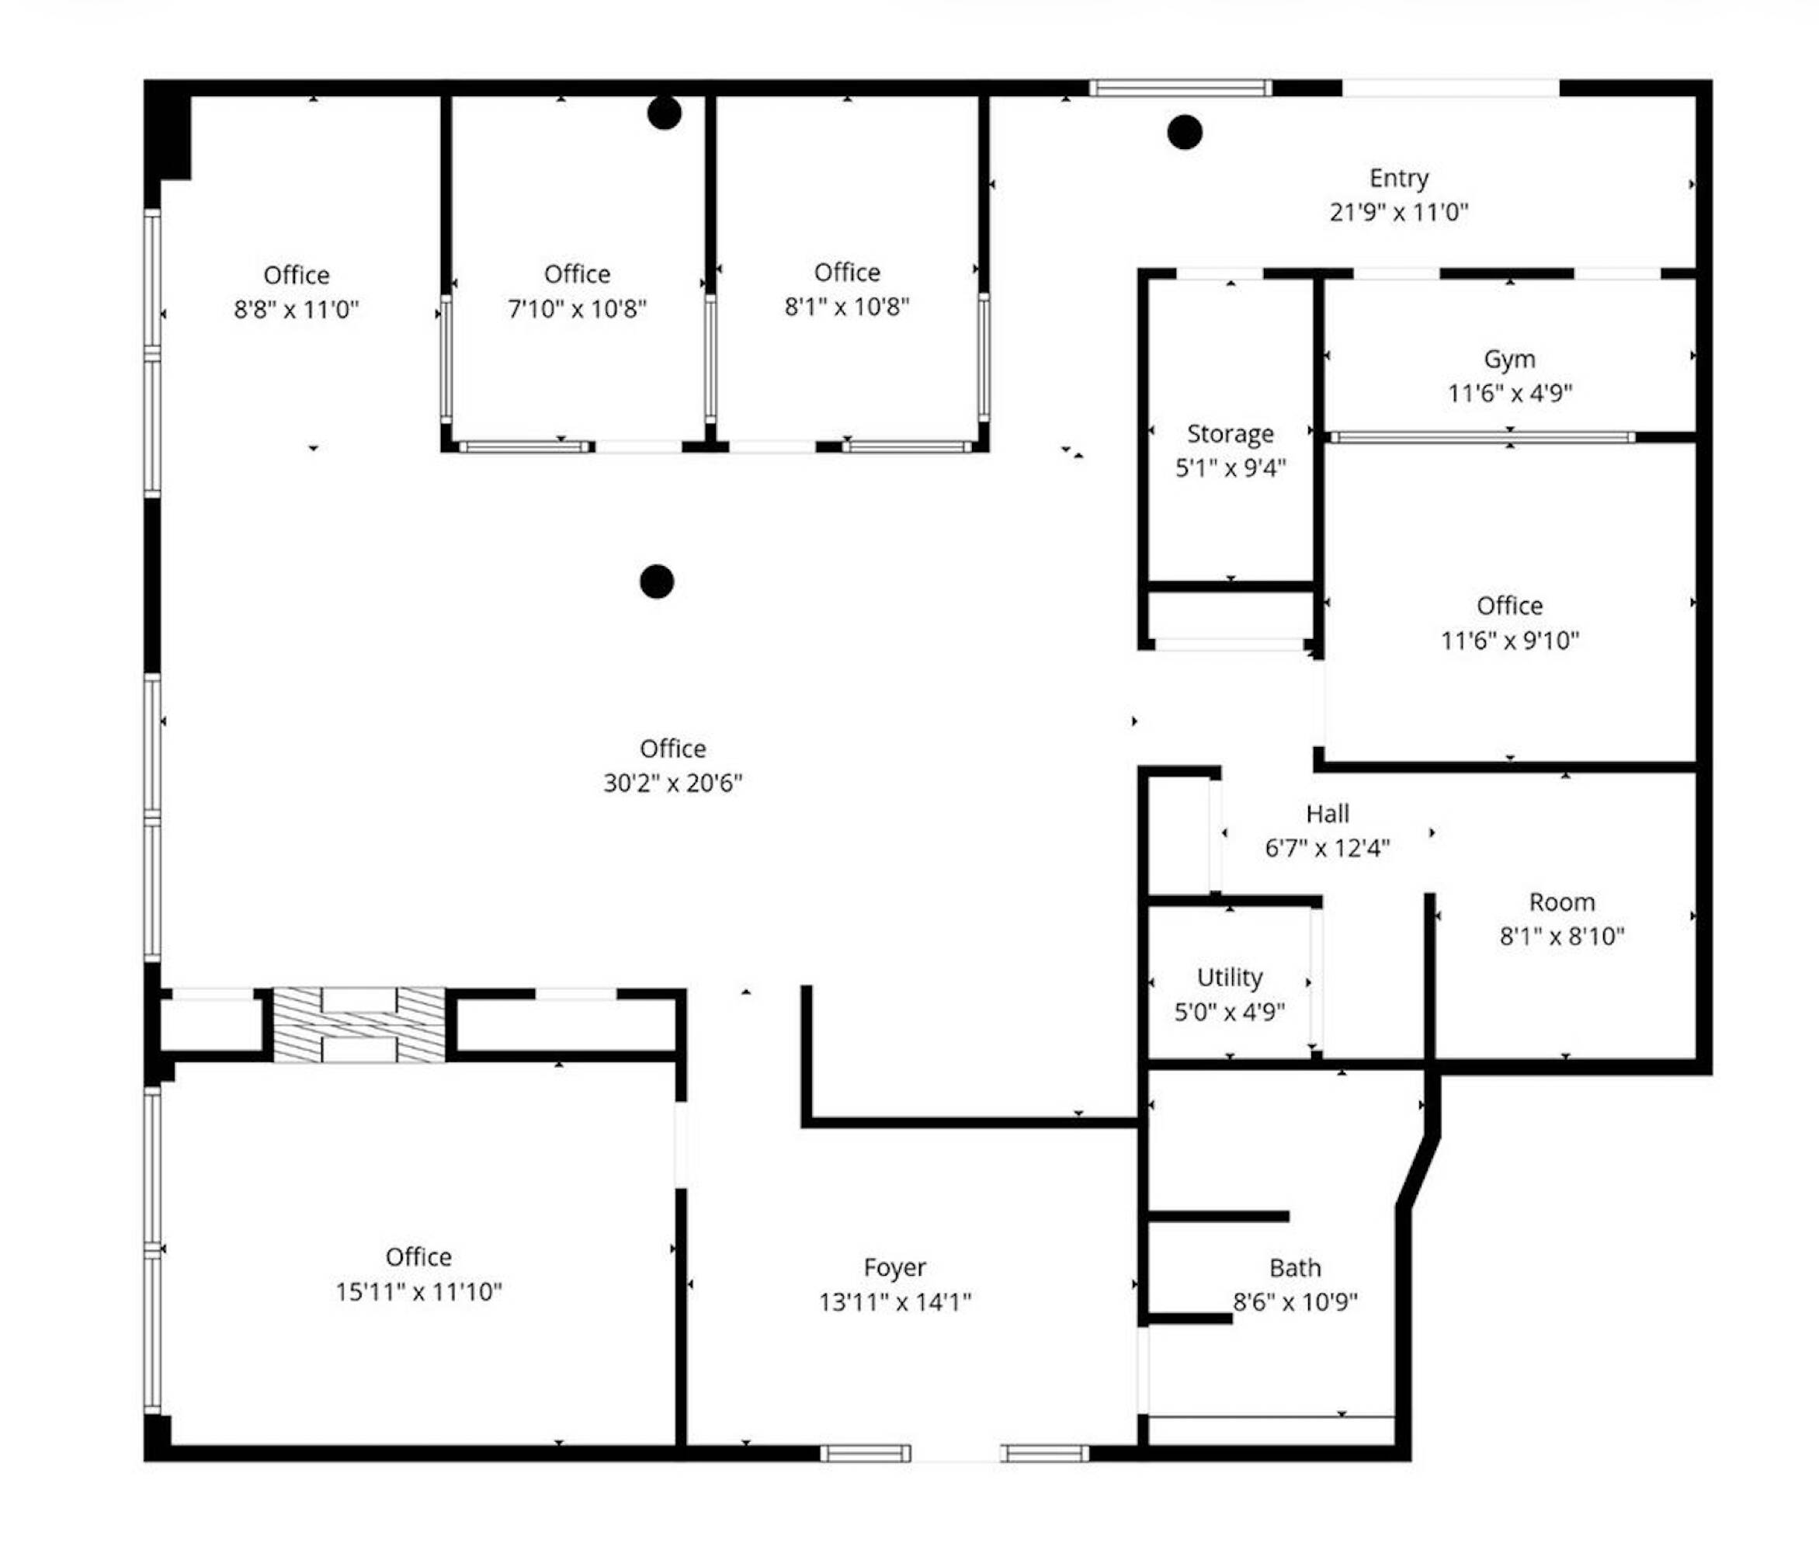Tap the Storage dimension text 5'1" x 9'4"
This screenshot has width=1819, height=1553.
[x=1231, y=468]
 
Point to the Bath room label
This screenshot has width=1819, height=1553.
[x=1295, y=1268]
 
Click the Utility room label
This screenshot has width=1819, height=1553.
[x=1230, y=977]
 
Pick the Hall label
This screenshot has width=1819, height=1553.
[x=1328, y=814]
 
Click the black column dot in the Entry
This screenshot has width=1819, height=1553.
[x=1184, y=133]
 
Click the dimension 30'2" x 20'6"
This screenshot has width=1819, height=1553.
[x=672, y=783]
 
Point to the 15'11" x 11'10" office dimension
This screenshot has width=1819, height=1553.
[x=418, y=1291]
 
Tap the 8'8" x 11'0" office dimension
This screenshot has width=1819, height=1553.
[x=297, y=310]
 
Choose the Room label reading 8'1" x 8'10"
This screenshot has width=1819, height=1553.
[x=1562, y=936]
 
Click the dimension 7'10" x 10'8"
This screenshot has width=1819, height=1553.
[x=577, y=309]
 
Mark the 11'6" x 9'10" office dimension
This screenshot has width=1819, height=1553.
[x=1509, y=641]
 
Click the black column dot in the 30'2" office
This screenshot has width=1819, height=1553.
[x=657, y=581]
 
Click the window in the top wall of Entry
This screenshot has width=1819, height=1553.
[x=1181, y=88]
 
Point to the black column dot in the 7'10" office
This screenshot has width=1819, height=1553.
[x=665, y=113]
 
